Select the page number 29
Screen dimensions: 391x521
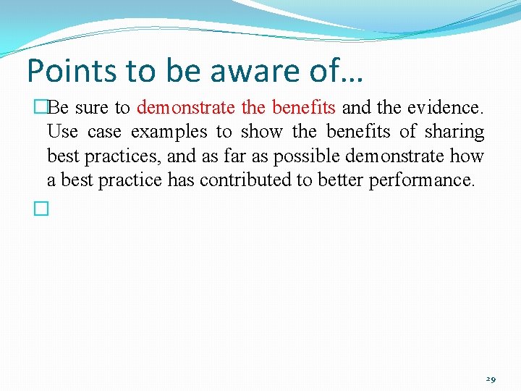[x=491, y=379]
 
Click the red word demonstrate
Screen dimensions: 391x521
[x=186, y=109]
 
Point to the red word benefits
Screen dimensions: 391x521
[x=303, y=109]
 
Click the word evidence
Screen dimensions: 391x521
[x=445, y=109]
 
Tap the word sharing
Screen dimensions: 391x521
[x=454, y=133]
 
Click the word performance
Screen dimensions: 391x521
[x=422, y=180]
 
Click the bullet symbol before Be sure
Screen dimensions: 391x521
[x=41, y=109]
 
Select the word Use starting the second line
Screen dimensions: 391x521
[x=62, y=133]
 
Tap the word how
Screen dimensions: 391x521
[x=468, y=156]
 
